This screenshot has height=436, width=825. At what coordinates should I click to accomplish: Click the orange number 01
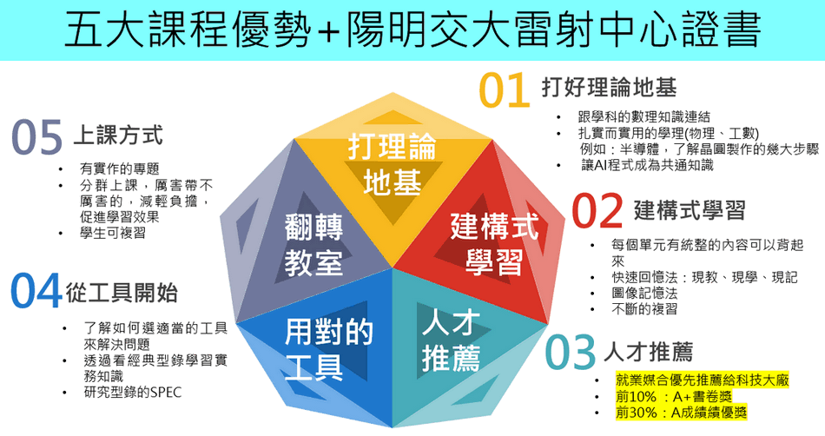[505, 90]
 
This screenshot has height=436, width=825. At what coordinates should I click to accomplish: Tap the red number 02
[597, 210]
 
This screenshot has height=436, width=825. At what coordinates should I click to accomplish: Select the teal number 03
[571, 352]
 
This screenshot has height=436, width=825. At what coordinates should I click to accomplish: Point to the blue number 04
[36, 290]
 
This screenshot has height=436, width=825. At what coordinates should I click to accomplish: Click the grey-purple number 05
[36, 136]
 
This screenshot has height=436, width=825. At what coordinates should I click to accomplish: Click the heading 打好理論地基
[610, 88]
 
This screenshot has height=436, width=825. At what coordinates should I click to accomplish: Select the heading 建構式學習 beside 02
[690, 210]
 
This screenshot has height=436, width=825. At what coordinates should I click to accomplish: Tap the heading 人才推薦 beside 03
[648, 352]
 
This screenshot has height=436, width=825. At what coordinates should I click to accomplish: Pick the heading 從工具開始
[122, 293]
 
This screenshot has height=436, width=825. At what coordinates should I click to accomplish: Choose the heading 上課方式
[118, 135]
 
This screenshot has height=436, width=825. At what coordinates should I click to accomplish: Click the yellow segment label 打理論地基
[392, 164]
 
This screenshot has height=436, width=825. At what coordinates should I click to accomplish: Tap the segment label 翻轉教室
[313, 245]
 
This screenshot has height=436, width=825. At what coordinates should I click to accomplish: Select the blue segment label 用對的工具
[329, 349]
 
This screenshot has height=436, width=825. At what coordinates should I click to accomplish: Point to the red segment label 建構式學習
[494, 244]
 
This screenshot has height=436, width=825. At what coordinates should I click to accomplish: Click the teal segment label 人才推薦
[451, 340]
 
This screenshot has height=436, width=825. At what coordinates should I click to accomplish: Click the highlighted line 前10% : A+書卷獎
[674, 396]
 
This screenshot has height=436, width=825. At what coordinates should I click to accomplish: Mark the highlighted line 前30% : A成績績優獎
[681, 413]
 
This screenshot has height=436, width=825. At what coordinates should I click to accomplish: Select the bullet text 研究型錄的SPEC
[133, 393]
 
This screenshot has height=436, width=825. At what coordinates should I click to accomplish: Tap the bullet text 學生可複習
[113, 233]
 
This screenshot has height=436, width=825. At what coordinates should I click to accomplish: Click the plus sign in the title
[329, 31]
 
